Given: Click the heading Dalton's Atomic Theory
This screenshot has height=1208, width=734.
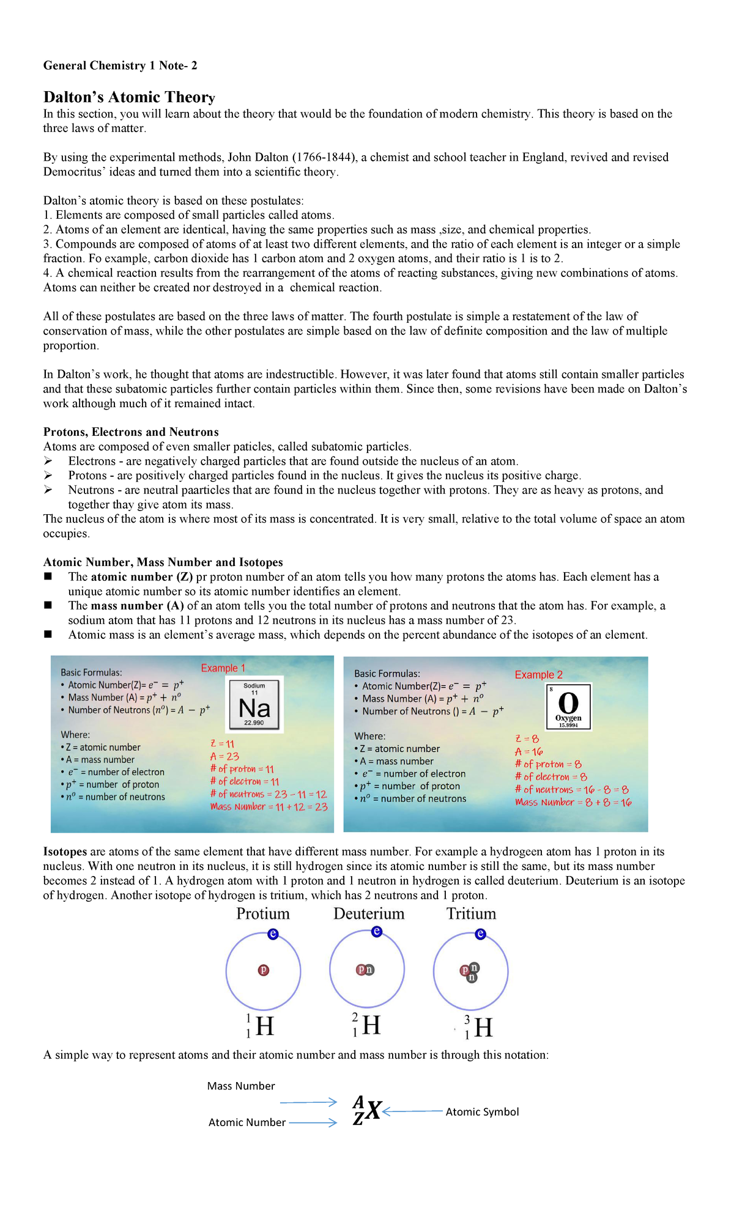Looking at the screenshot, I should pos(129,97).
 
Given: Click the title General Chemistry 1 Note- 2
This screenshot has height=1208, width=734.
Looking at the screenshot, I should pos(120,65).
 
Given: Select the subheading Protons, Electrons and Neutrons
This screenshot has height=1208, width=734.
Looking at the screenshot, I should pos(130,432).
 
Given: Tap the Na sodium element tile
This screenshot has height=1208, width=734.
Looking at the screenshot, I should pos(254,705).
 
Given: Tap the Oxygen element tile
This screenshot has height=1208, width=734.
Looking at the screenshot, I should pos(568,706).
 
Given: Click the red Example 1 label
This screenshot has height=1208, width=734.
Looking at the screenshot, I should pos(223,668).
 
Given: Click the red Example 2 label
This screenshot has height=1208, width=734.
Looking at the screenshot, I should pos(538,674).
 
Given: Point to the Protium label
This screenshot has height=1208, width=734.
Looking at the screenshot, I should pos(263,913).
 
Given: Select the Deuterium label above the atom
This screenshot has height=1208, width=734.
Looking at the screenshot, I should pos(369,913).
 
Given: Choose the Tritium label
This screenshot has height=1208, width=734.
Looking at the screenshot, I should pos(471,913).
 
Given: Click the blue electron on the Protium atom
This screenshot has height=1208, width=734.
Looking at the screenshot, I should pos(273,934).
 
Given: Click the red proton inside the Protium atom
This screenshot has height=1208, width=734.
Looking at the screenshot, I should pos(264,970).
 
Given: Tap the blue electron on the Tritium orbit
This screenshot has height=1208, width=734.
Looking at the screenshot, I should pos(480,934).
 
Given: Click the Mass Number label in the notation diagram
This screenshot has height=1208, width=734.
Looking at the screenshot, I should pos(241,1086).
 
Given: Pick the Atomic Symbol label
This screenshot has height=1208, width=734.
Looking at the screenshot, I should pos(482,1111).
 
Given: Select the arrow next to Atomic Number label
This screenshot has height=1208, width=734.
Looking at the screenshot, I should pos(313,1122).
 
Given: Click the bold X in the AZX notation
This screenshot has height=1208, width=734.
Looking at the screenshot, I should pos(373,1110).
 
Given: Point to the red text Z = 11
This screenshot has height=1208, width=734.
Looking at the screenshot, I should pos(222,744).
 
